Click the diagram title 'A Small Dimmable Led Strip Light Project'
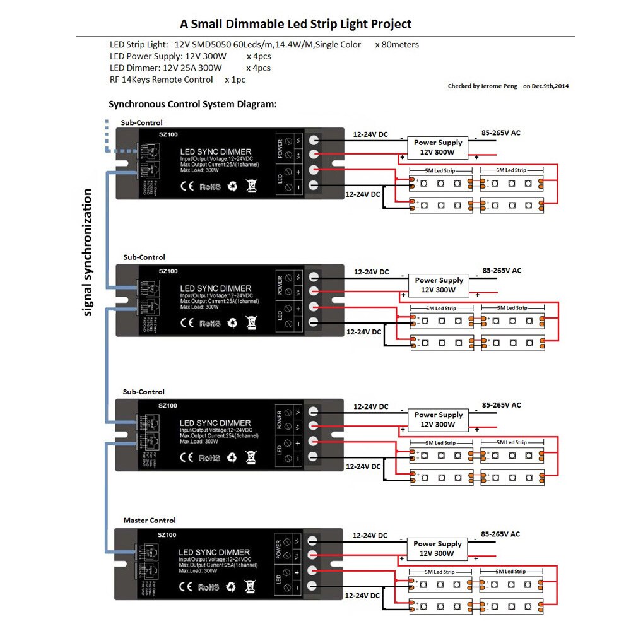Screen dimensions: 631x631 [295, 25]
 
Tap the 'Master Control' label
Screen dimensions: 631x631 [150, 521]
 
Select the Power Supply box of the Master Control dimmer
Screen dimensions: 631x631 [437, 548]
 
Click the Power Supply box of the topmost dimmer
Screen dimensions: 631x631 [439, 148]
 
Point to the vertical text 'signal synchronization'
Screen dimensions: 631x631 [88, 252]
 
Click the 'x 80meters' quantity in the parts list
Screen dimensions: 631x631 [397, 45]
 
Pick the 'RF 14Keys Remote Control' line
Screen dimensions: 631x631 [162, 80]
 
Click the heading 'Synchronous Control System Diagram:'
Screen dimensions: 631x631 [192, 104]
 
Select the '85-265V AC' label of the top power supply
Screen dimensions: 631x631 [501, 133]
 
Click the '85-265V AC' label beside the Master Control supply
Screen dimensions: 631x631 [501, 534]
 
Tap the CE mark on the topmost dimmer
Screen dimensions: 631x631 [187, 186]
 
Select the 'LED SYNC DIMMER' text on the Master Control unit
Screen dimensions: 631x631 [215, 552]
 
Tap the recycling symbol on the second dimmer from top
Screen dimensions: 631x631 [232, 322]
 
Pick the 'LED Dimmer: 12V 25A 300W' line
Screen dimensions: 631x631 [165, 68]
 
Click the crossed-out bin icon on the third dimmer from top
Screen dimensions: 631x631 [251, 457]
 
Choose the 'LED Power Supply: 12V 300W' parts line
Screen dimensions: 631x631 [168, 56]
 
